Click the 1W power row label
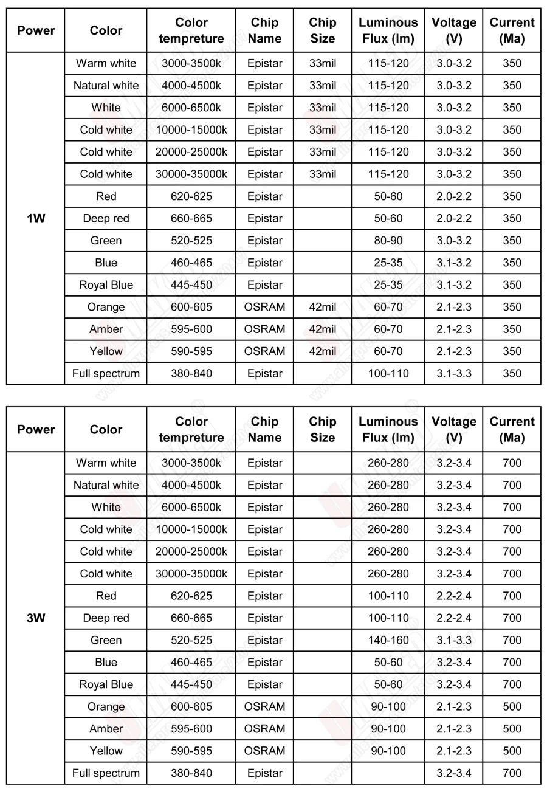click(x=36, y=219)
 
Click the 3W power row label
click(x=36, y=618)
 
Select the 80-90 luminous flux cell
click(x=388, y=241)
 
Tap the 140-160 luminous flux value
click(x=388, y=640)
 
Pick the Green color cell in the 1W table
click(x=106, y=241)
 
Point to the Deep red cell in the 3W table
click(x=106, y=618)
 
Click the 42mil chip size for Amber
click(x=322, y=329)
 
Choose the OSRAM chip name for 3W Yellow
click(x=264, y=751)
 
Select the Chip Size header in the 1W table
click(x=322, y=30)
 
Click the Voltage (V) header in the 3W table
click(x=453, y=429)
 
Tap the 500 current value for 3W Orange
click(x=512, y=707)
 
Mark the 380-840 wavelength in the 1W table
click(x=191, y=374)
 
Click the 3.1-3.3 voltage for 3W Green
click(x=453, y=640)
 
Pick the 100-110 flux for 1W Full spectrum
click(x=388, y=374)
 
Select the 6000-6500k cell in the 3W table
click(x=191, y=507)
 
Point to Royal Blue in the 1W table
click(x=106, y=285)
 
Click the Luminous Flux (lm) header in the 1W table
click(x=388, y=30)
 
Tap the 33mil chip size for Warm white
click(x=322, y=63)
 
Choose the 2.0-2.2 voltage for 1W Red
click(x=453, y=196)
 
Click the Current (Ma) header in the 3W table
click(x=512, y=429)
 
